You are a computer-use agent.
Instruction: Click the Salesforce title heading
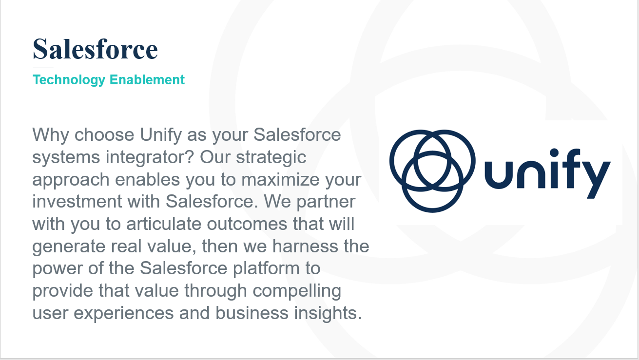tap(95, 49)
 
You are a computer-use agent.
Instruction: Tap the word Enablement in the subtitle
tap(147, 79)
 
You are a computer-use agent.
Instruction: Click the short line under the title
tap(43, 68)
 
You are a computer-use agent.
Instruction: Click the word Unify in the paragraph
tap(161, 135)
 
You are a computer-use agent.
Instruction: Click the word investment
tap(77, 202)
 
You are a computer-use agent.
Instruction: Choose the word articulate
tap(164, 224)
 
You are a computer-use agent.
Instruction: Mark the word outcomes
tap(247, 224)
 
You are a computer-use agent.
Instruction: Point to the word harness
tap(305, 246)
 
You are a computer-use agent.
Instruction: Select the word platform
tap(266, 269)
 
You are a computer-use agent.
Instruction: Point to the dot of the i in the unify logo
tap(554, 153)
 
